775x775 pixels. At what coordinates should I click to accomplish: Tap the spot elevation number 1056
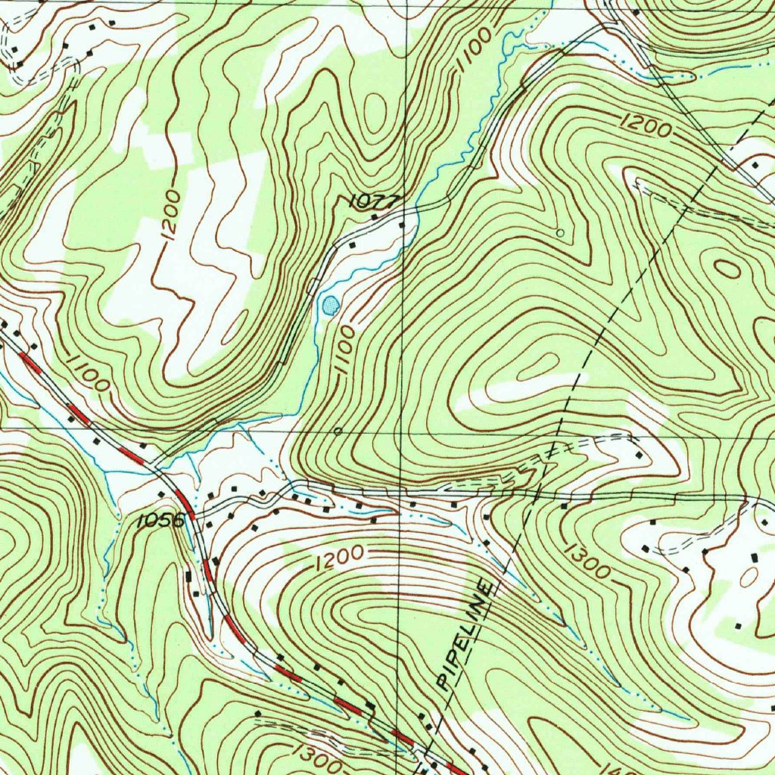tap(161, 521)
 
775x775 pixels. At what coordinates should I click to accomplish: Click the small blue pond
tap(330, 305)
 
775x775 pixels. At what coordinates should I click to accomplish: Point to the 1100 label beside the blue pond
tap(344, 350)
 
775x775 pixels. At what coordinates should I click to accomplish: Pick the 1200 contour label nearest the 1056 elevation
tap(340, 558)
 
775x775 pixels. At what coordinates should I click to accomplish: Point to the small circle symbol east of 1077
tap(559, 232)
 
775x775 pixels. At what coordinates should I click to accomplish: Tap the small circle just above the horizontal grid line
tap(338, 430)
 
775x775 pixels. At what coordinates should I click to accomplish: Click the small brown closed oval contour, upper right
tap(727, 268)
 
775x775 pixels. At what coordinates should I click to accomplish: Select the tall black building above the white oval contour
tap(755, 558)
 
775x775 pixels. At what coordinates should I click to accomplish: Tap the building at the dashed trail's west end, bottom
tap(257, 713)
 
